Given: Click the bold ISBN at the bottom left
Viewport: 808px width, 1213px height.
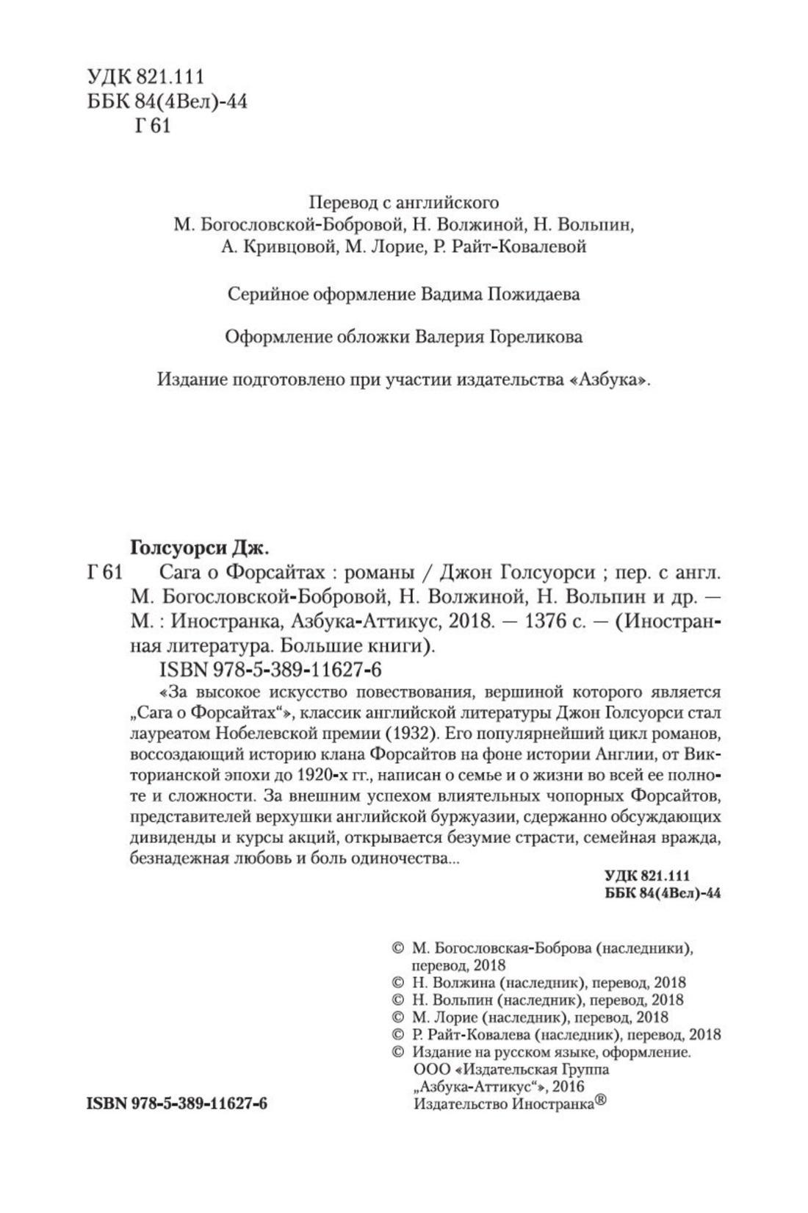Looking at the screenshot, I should (176, 1106).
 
